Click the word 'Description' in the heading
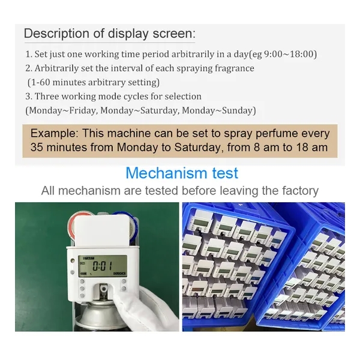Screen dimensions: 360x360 tap(56, 34)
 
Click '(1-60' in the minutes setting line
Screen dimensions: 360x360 tap(38, 82)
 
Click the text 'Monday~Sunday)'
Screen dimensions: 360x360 tap(219, 110)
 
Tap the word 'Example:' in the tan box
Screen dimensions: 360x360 tap(55, 133)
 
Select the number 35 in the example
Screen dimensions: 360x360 tap(37, 148)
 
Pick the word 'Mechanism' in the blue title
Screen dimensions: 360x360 tap(166, 173)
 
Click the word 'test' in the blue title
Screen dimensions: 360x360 tap(225, 173)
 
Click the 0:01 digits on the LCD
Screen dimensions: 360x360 tap(103, 266)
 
